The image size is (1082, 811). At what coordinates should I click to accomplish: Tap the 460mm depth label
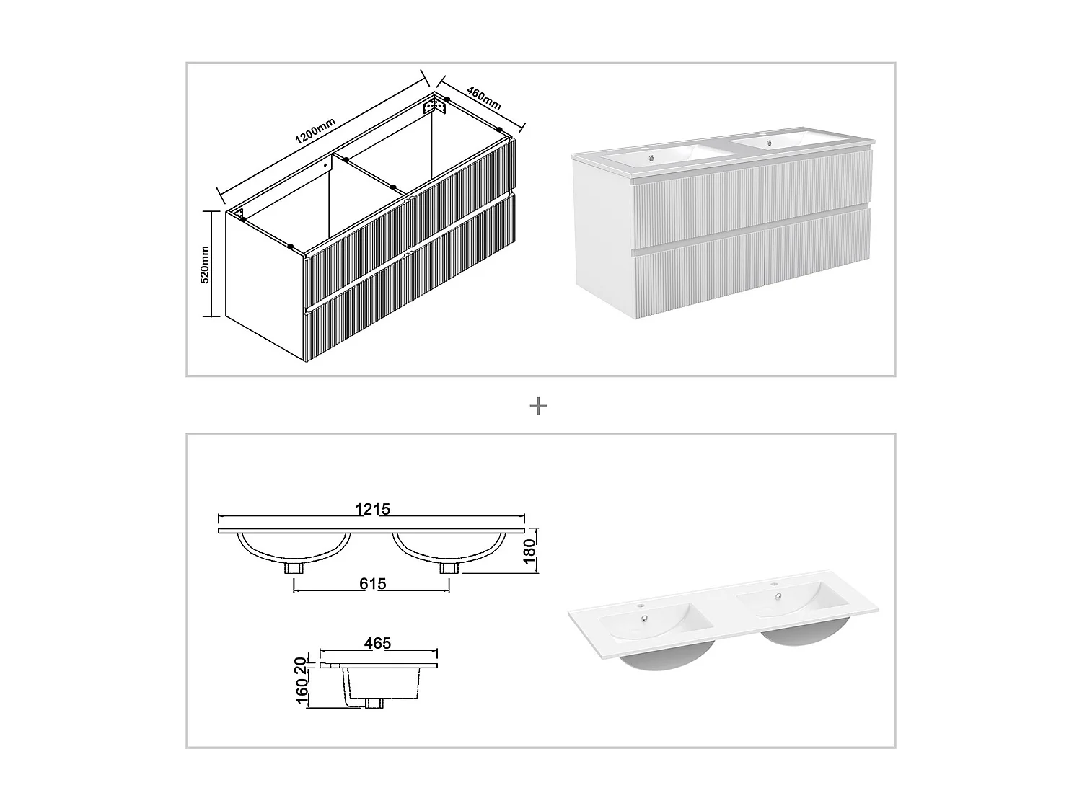483,98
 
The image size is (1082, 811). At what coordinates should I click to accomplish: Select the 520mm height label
205,264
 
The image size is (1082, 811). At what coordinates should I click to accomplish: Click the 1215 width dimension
372,509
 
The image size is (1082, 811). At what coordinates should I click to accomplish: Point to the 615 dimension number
372,583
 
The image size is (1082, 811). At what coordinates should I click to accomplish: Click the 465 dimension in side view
377,643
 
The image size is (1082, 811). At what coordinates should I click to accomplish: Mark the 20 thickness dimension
302,665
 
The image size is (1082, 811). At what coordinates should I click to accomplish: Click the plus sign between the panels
538,407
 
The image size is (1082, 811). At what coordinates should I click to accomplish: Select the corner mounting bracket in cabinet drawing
435,107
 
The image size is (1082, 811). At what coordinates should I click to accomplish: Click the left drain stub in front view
294,568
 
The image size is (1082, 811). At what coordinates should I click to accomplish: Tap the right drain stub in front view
449,568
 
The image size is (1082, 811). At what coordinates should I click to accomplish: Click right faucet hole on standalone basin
775,584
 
